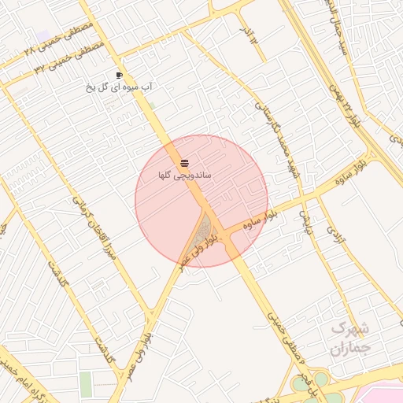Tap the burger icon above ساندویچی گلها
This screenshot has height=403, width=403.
click(x=184, y=163)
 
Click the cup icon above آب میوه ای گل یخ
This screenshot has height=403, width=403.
click(x=119, y=76)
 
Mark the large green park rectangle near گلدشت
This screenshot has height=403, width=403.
click(x=85, y=384)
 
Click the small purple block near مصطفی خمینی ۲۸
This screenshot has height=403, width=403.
click(x=42, y=36)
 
